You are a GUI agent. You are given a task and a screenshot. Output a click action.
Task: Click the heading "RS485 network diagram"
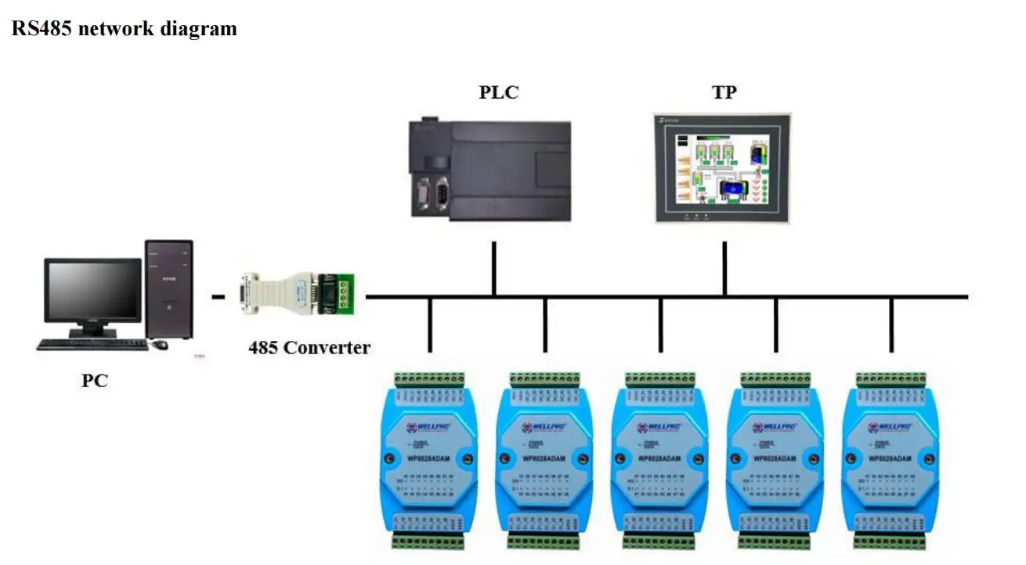[124, 30]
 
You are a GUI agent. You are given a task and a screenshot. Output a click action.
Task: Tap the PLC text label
[499, 92]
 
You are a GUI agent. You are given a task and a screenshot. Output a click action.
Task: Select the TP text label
[724, 92]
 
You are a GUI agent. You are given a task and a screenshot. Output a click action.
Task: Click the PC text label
[95, 382]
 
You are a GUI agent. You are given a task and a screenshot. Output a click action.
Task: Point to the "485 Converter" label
[309, 348]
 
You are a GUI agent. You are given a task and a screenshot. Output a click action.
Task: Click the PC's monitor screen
[93, 290]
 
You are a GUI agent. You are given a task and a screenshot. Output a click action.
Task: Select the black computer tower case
[169, 288]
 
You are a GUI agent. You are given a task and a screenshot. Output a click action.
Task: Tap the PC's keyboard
[92, 344]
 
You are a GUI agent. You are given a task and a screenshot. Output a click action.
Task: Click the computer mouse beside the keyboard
[161, 344]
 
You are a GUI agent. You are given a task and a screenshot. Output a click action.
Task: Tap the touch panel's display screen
[723, 168]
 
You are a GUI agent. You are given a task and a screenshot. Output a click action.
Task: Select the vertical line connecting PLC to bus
[494, 269]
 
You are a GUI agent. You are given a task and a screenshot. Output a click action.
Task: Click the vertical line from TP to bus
[724, 269]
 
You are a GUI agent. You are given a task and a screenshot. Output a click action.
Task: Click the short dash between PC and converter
[219, 297]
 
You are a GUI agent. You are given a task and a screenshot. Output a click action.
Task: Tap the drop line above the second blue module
[544, 324]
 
